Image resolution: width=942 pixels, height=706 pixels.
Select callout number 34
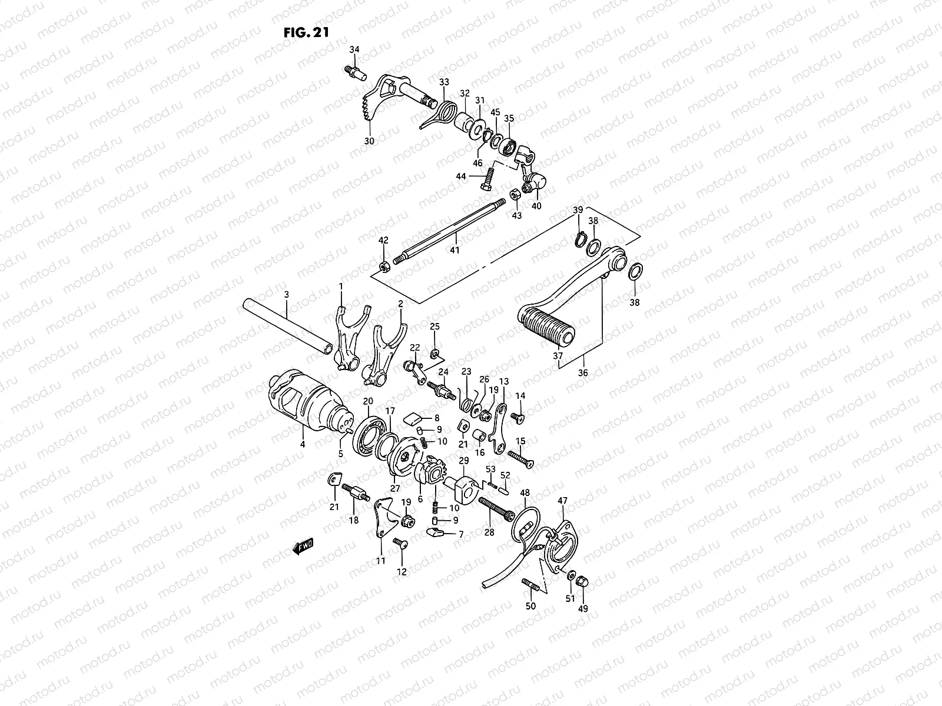coord(354,49)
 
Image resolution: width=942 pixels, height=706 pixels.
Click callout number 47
coord(562,501)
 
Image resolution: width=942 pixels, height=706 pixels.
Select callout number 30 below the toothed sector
coord(369,141)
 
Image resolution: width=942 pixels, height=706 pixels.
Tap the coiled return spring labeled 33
coord(449,108)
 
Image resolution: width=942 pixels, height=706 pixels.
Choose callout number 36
coord(583,373)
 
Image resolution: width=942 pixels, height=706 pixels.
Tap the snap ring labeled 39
coord(580,239)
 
